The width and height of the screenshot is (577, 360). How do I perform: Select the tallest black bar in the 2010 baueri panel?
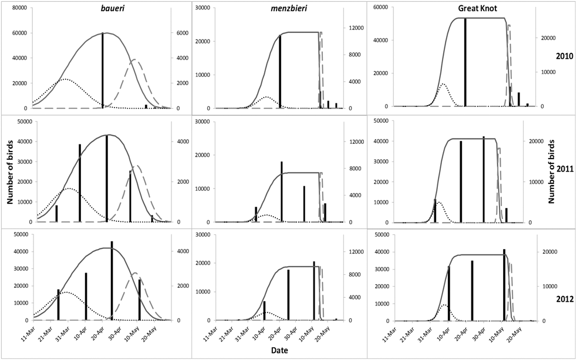pos(103,70)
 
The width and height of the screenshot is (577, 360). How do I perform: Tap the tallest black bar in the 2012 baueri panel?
pos(112,280)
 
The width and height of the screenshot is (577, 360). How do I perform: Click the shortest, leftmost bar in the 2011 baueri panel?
pos(56,213)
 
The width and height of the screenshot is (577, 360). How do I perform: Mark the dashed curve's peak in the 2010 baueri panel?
pos(134,60)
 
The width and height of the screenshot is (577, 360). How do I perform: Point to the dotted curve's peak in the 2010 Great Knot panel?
pos(443,84)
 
